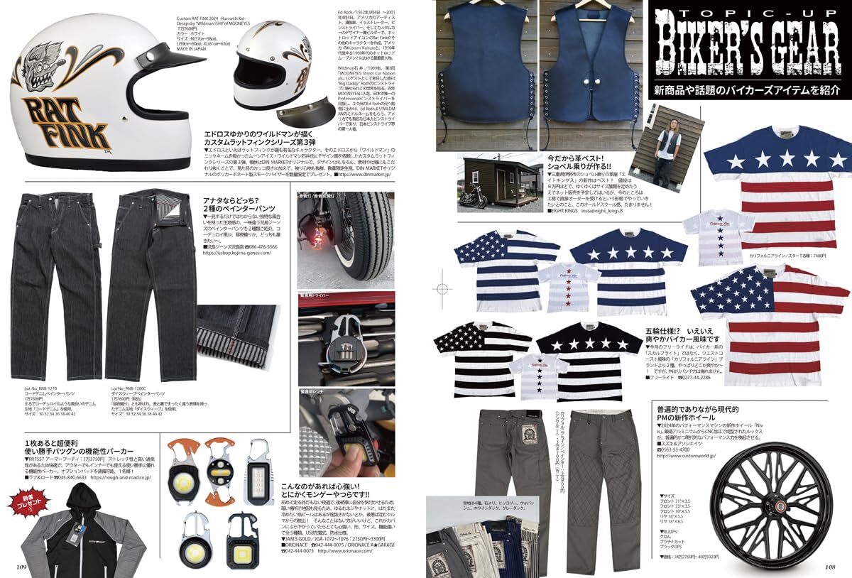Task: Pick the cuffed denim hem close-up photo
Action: tap(242, 333)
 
